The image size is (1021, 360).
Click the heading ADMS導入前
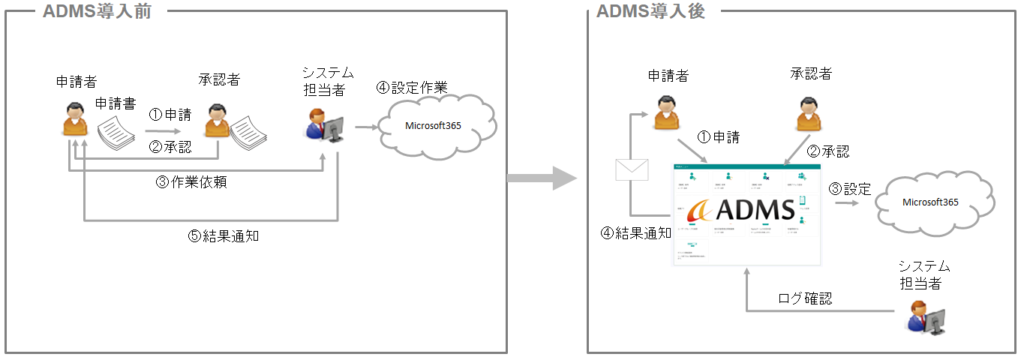click(97, 11)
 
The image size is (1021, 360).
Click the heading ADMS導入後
click(650, 11)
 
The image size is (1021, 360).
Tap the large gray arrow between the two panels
click(541, 178)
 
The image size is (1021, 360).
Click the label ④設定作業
click(412, 88)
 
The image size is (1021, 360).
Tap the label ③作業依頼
click(191, 182)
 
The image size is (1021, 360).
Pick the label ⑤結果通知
click(224, 235)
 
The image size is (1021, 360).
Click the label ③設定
click(849, 189)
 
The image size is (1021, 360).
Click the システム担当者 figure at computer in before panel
click(325, 124)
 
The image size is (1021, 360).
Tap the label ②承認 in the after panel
click(828, 151)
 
